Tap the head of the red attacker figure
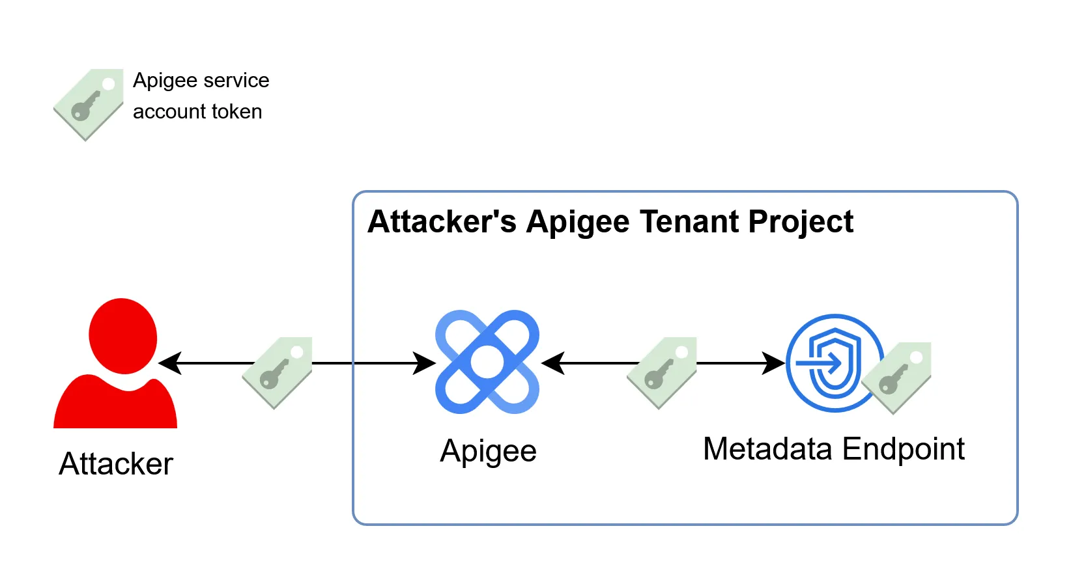pos(122,335)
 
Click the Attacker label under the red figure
pos(116,464)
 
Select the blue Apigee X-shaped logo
pos(487,362)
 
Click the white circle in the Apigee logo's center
pos(487,363)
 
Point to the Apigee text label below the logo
pos(488,451)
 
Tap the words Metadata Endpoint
pos(834,449)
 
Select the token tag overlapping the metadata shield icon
pos(898,377)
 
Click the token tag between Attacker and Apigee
pos(278,372)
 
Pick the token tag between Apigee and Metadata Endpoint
pos(663,372)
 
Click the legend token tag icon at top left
pos(89,103)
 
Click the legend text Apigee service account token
pos(200,96)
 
